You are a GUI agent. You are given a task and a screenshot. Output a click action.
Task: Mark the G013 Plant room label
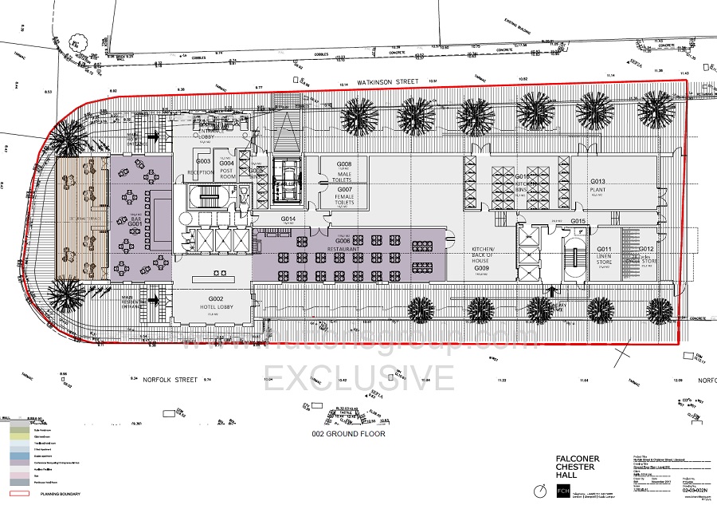click(x=599, y=186)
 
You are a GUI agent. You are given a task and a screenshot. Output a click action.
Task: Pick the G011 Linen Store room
click(x=604, y=255)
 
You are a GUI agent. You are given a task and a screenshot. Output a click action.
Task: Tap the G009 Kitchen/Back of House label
click(x=481, y=264)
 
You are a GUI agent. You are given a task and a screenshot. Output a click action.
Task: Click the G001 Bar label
click(x=135, y=220)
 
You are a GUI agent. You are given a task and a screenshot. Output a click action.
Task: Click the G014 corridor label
click(x=288, y=219)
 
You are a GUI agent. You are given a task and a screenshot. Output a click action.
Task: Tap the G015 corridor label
click(x=578, y=220)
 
